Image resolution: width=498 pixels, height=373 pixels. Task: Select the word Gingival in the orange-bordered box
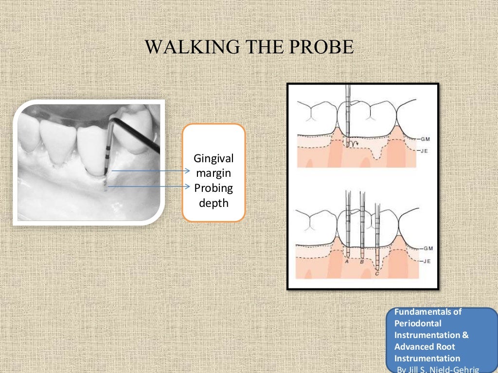point(213,158)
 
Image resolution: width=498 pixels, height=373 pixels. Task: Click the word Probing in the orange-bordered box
point(213,187)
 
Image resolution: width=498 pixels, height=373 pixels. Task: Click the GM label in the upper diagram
point(425,139)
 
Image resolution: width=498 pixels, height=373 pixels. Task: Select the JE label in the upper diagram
point(425,151)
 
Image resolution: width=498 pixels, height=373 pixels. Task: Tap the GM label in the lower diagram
point(427,248)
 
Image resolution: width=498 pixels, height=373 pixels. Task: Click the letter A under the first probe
point(347,261)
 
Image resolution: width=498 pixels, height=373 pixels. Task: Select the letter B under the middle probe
point(361,262)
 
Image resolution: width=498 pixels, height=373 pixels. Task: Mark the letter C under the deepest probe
point(377,274)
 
